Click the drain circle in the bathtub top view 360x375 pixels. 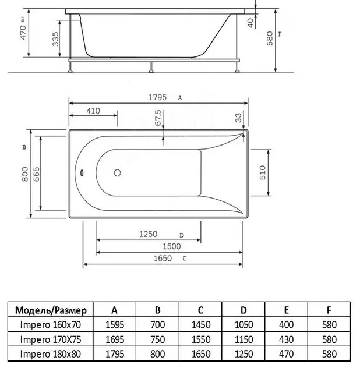(x=117, y=173)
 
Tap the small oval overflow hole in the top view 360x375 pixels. (x=82, y=173)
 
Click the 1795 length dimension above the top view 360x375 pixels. (x=157, y=97)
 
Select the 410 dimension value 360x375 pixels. (x=93, y=111)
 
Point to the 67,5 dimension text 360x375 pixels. (x=158, y=118)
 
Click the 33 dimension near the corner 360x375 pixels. (x=238, y=118)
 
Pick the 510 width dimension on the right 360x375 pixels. (x=263, y=172)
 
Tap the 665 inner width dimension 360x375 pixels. (x=36, y=174)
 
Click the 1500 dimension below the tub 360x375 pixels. (x=172, y=246)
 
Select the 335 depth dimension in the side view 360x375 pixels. (x=55, y=39)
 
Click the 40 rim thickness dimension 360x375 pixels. (x=250, y=23)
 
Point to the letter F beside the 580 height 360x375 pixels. (x=280, y=34)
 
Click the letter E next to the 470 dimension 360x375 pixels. (x=23, y=20)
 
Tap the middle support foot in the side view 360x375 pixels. (x=151, y=67)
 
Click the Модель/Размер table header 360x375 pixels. (x=51, y=310)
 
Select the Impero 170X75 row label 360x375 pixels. (x=51, y=339)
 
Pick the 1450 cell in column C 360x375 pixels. (x=201, y=325)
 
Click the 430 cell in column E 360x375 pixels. (x=286, y=339)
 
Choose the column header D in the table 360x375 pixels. (x=243, y=310)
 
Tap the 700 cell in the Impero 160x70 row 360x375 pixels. (x=158, y=325)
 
